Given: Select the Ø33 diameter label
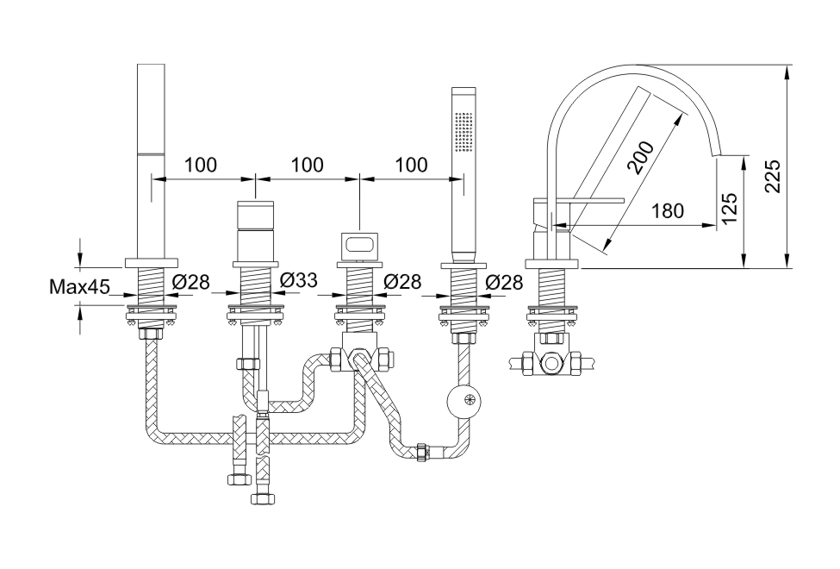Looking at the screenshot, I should (299, 281).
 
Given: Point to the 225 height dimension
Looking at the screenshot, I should (772, 176).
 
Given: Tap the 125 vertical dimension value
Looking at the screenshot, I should (729, 209).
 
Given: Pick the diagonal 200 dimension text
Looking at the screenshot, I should (642, 158).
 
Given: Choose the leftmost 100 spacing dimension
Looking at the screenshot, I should (200, 165).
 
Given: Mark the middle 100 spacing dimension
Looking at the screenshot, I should (307, 165).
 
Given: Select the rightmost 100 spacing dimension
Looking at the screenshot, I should (410, 165).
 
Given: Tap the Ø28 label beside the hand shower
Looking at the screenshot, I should (504, 281).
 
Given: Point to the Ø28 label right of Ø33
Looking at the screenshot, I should (401, 281).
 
